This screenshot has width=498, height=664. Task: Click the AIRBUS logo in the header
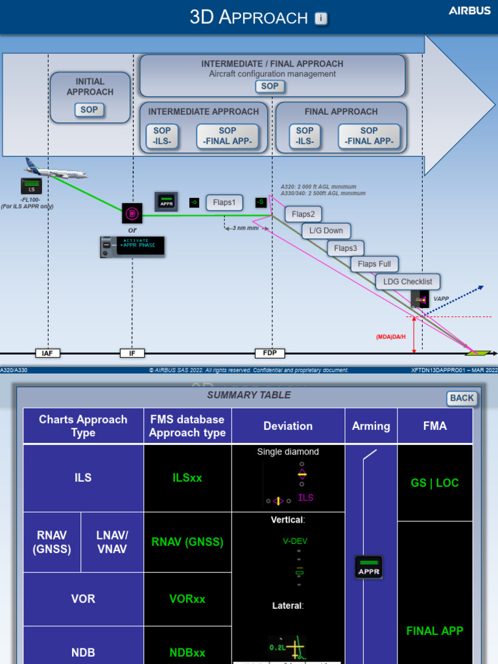click(x=469, y=11)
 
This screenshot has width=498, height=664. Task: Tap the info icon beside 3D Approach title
click(x=321, y=18)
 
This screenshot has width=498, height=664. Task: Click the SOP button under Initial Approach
click(x=89, y=110)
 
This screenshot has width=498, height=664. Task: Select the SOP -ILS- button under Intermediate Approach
click(x=162, y=136)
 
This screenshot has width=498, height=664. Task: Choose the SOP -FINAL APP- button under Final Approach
click(x=369, y=136)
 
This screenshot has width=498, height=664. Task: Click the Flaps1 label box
click(x=224, y=202)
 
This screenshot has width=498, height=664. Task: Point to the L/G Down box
click(x=326, y=231)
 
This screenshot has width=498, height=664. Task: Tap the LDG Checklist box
click(x=407, y=281)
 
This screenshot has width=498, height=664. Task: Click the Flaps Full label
click(x=375, y=264)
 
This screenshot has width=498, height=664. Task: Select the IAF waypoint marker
click(x=47, y=353)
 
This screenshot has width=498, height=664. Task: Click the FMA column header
click(x=434, y=426)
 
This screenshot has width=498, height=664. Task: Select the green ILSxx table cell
click(x=187, y=478)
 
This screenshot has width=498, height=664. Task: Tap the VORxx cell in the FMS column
click(x=187, y=599)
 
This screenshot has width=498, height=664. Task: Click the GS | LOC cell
click(x=434, y=483)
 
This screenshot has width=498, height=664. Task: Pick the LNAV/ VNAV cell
click(x=112, y=542)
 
